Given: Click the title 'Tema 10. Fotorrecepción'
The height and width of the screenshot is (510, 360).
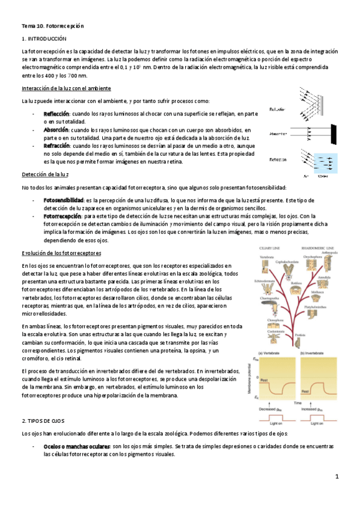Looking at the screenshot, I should pyautogui.click(x=53, y=26).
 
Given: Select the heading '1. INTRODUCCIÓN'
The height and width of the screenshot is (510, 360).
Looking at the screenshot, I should pyautogui.click(x=43, y=38).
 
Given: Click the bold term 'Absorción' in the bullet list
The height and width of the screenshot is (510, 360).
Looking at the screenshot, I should pyautogui.click(x=56, y=129).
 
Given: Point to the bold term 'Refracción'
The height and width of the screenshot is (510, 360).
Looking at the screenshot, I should pyautogui.click(x=57, y=146).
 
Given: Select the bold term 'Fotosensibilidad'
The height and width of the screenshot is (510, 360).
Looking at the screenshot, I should pyautogui.click(x=64, y=200).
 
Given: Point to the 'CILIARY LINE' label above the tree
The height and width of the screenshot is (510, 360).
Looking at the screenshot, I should pyautogui.click(x=269, y=247).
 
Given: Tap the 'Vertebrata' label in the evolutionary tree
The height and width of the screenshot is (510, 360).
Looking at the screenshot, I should pyautogui.click(x=267, y=257).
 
